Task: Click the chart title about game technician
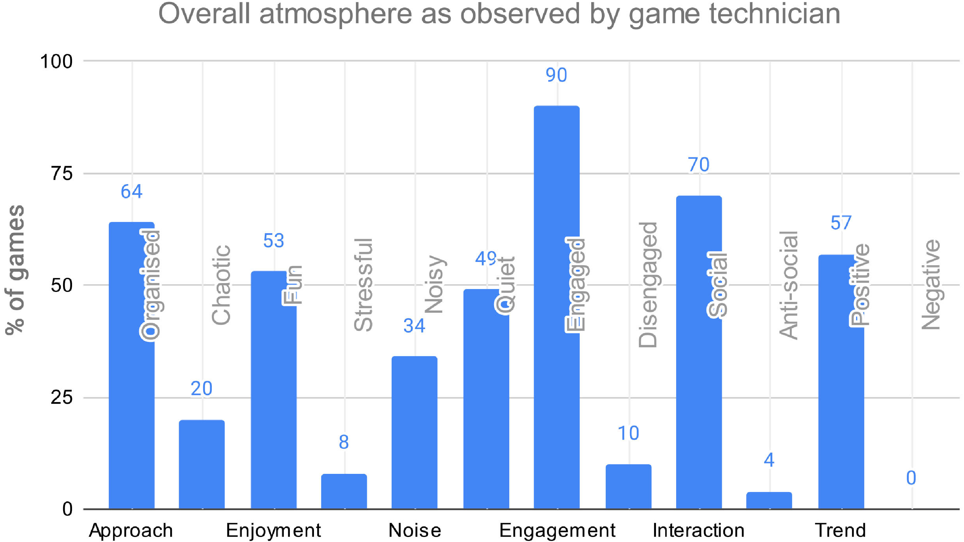click(x=499, y=14)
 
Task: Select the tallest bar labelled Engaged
click(x=557, y=307)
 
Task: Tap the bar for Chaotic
click(x=202, y=465)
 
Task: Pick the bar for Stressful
click(x=344, y=491)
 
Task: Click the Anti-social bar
click(x=769, y=500)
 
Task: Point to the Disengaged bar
click(x=628, y=486)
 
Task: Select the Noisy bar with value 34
click(x=414, y=433)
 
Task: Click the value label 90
click(x=556, y=75)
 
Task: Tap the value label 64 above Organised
click(x=131, y=192)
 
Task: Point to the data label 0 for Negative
click(x=911, y=478)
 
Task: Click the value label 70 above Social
click(x=698, y=165)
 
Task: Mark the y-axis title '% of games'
click(x=15, y=270)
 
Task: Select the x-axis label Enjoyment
click(x=273, y=530)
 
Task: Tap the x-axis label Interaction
click(x=698, y=530)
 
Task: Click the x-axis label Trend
click(x=840, y=530)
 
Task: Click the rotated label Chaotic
click(x=221, y=285)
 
